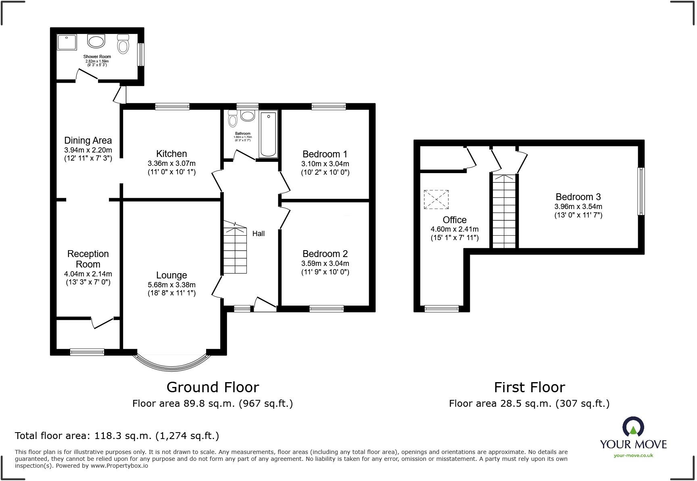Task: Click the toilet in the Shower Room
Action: (x=123, y=44)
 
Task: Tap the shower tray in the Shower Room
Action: (x=67, y=42)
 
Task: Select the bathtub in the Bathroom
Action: (x=268, y=134)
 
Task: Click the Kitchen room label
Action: (x=171, y=154)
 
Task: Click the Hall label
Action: (x=259, y=234)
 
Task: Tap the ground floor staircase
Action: (x=235, y=247)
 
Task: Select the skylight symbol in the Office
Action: (x=436, y=199)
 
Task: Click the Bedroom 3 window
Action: (x=641, y=191)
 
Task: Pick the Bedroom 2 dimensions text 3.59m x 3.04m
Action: (x=325, y=264)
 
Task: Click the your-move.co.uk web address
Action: (x=633, y=456)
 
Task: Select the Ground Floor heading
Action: (x=213, y=387)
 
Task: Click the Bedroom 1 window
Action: (x=328, y=107)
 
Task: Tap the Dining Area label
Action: (x=88, y=140)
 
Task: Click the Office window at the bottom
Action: (x=442, y=309)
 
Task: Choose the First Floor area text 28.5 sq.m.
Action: (x=529, y=404)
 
